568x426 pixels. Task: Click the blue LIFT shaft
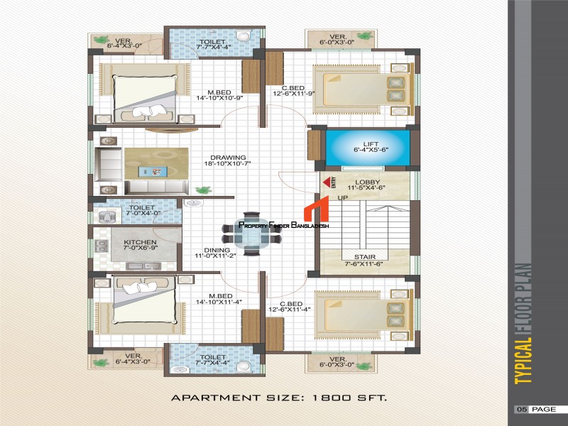coord(368,147)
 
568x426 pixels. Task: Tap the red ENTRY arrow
coord(327,182)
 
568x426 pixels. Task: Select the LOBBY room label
coord(367,182)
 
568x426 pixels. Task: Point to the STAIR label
coord(365,257)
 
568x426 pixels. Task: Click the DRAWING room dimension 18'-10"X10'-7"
coord(227,163)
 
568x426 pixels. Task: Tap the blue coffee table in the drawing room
coord(153,171)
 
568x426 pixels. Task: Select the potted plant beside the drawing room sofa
coord(203,190)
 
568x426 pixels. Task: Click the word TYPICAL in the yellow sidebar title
coord(523,361)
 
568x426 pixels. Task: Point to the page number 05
coord(522,410)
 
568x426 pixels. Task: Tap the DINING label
coord(217,250)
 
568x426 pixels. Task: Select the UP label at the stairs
coord(343,198)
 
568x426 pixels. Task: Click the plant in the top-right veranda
coord(364,36)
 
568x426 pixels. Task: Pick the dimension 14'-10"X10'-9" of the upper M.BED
coord(219,98)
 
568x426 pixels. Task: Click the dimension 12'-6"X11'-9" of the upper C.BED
coord(294,94)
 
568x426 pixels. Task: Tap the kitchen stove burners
coord(101,246)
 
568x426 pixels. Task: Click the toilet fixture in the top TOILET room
coord(243,36)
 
